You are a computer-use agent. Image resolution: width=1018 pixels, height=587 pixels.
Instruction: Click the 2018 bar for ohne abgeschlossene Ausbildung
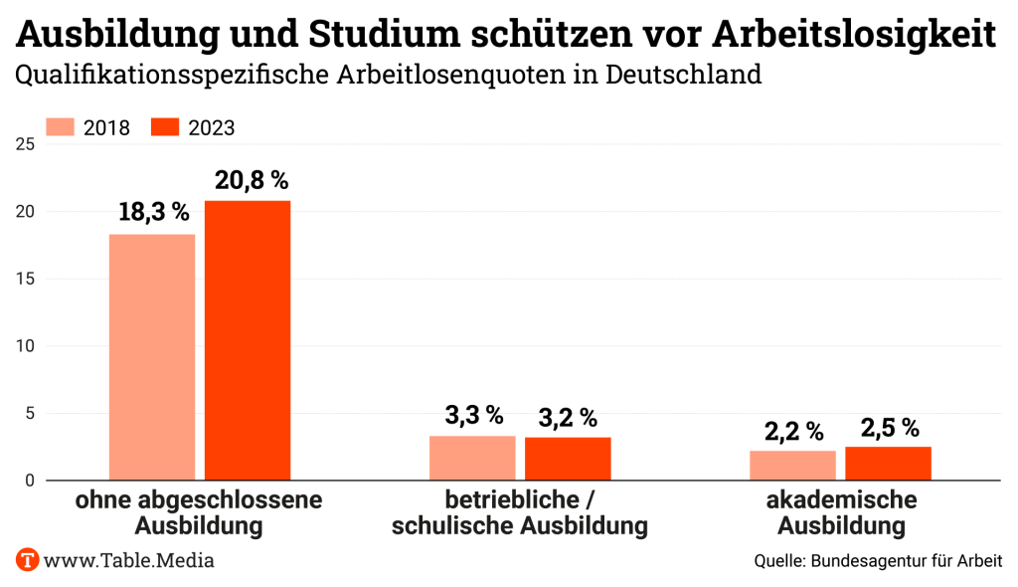152,357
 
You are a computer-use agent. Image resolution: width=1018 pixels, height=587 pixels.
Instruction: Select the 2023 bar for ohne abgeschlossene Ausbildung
248,340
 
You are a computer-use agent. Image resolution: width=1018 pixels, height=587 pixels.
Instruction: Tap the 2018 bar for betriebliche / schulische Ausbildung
472,458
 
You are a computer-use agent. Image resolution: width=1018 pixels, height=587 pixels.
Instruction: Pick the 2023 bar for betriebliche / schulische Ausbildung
568,459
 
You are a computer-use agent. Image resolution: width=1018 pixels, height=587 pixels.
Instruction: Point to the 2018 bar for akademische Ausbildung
792,465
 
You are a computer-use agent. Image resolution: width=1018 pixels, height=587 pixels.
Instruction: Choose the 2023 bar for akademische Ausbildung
888,464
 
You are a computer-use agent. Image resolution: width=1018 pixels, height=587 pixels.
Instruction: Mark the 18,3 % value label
153,212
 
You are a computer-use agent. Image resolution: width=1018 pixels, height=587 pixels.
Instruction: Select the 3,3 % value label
474,415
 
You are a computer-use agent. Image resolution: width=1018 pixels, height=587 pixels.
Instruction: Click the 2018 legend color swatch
61,127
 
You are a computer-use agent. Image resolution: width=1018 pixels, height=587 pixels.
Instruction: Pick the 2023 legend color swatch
164,127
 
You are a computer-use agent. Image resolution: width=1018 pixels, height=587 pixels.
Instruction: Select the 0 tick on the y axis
30,481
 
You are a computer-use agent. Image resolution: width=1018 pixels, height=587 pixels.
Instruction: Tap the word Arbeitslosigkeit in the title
855,35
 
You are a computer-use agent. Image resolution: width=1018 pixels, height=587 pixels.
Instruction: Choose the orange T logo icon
27,559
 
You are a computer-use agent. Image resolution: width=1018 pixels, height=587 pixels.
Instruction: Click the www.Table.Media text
129,560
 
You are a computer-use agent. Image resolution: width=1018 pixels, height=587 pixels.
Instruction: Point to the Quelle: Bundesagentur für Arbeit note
878,561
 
